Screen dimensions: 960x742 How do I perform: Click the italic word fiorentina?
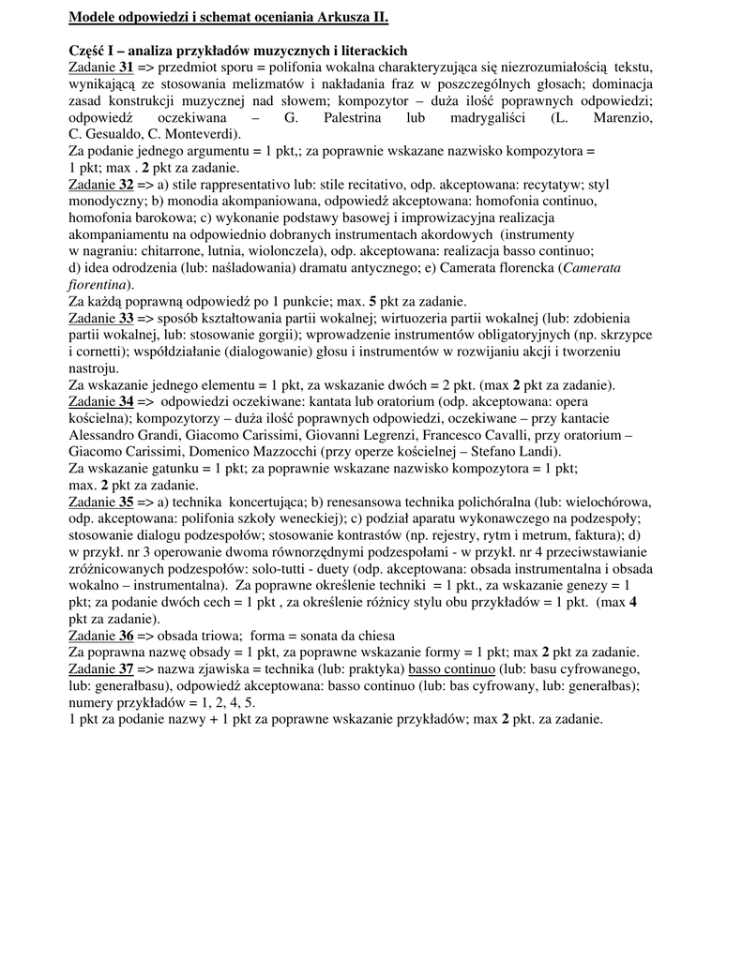coord(98,285)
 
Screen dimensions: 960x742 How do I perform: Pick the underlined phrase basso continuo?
coord(451,669)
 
